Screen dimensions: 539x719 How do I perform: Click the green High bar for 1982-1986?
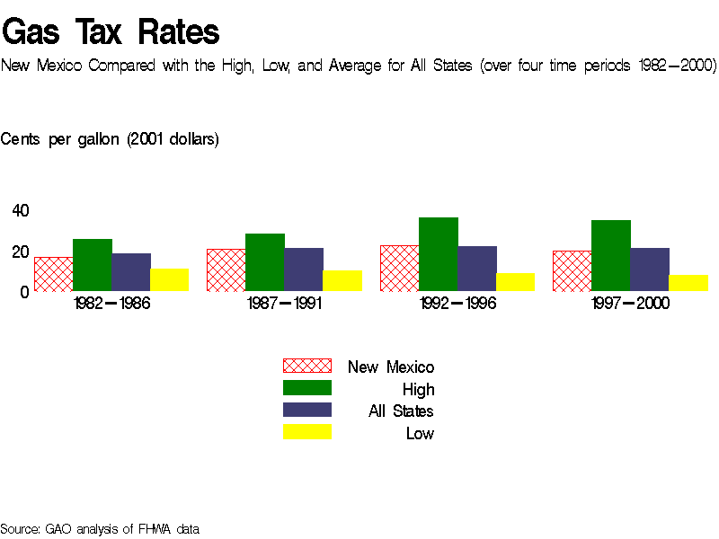point(92,265)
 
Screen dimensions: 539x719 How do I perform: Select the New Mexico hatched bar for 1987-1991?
point(226,269)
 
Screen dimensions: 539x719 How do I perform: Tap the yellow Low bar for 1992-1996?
point(515,282)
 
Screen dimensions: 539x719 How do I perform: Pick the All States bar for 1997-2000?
point(650,269)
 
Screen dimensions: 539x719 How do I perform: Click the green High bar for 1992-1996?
point(439,254)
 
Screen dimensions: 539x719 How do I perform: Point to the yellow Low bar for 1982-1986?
point(169,279)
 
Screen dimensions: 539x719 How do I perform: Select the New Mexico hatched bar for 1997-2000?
point(572,270)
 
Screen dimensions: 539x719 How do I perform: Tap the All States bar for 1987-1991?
point(304,269)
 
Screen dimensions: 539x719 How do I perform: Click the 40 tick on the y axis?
point(20,210)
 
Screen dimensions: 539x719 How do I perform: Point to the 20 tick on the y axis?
point(20,252)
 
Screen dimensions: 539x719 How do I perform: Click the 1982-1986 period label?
point(111,304)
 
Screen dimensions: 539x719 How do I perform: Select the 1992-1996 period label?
point(457,304)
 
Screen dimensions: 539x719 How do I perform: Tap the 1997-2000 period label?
point(630,304)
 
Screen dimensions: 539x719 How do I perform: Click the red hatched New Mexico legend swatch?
point(307,366)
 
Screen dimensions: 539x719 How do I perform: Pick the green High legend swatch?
point(307,388)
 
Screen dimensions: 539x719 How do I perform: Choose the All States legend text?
point(401,411)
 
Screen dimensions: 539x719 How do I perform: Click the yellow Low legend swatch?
point(307,432)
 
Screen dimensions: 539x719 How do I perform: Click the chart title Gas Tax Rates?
point(111,32)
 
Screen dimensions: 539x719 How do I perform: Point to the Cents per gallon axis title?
point(110,139)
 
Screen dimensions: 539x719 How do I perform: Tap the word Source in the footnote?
point(20,528)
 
